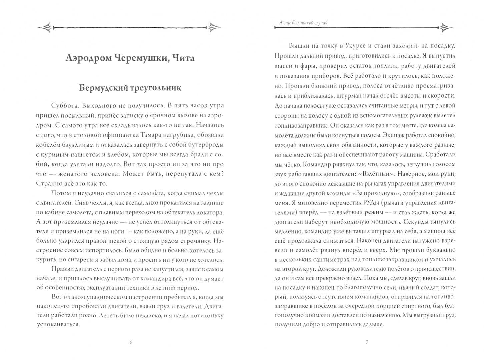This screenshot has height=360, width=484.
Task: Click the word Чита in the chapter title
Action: pos(180,58)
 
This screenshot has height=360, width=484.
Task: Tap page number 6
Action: pos(130,342)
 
